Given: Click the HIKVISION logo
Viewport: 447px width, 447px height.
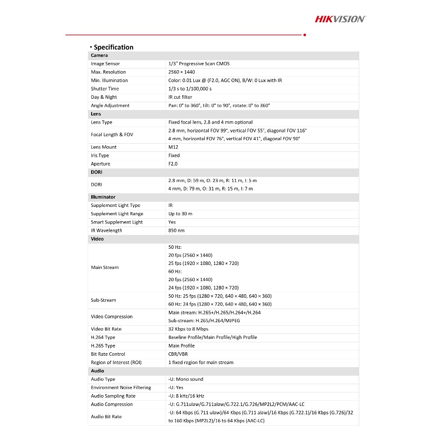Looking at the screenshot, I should coord(340,19).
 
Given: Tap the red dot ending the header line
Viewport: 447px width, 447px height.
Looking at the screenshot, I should coord(304,34).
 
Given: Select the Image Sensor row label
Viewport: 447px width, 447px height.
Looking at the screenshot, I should coord(105,64).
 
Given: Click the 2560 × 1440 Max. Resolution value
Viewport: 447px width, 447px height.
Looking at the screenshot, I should coord(182,72).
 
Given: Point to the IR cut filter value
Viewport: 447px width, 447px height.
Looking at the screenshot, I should coord(180,97).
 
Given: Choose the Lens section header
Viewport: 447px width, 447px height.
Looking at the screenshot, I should coord(96,114).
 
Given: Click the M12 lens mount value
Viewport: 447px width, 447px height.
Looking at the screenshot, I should coord(173,147).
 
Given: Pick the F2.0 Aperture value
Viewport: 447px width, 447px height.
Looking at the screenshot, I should coord(173,164).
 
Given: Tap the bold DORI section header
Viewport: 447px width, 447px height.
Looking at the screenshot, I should coord(96,172).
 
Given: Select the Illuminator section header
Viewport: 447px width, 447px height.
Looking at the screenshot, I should coord(103,197).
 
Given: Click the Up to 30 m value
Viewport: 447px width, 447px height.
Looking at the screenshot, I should coord(180,214).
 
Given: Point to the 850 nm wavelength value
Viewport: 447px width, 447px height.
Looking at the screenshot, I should coord(176,230).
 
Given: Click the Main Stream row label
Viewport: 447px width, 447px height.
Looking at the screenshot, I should coord(105,268).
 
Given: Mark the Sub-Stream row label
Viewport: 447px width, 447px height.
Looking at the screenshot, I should coord(103,300).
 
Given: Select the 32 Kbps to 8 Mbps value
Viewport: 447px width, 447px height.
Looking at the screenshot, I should coord(189,329).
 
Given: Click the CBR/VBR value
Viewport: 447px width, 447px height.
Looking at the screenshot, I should coord(178,354).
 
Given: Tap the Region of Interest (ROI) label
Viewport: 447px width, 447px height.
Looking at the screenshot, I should coord(116,362).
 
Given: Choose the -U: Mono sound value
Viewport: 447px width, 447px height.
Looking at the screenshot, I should coord(186,379).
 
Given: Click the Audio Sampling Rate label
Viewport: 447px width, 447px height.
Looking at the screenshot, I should coord(113,396).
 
